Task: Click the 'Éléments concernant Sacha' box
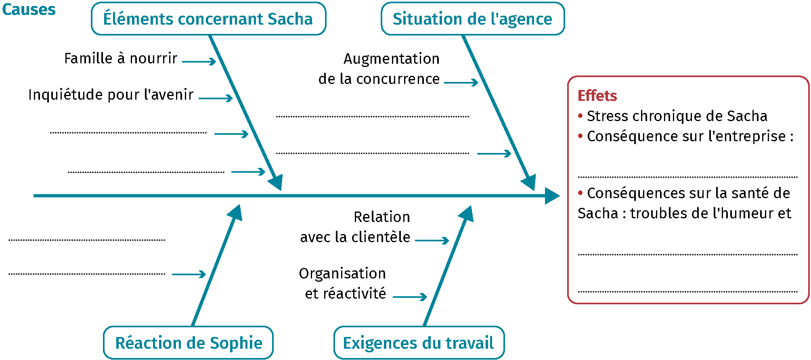point(208,19)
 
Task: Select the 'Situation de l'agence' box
point(472,19)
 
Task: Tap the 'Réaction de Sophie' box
point(189,343)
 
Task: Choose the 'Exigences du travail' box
point(418,343)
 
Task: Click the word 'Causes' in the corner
point(29,9)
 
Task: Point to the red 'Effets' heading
point(597,96)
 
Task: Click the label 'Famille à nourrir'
point(121,59)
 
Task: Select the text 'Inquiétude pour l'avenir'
point(111,95)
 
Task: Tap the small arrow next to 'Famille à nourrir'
point(199,61)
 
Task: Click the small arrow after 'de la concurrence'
point(461,82)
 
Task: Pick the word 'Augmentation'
point(391,59)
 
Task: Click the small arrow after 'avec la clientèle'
point(432,241)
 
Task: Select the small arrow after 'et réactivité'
point(410,297)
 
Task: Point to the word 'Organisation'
point(342,274)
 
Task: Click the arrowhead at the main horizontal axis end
point(552,196)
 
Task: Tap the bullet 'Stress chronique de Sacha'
point(677,116)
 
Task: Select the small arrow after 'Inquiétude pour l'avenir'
point(216,98)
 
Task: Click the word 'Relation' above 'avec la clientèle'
point(381,217)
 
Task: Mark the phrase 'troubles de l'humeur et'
point(710,213)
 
